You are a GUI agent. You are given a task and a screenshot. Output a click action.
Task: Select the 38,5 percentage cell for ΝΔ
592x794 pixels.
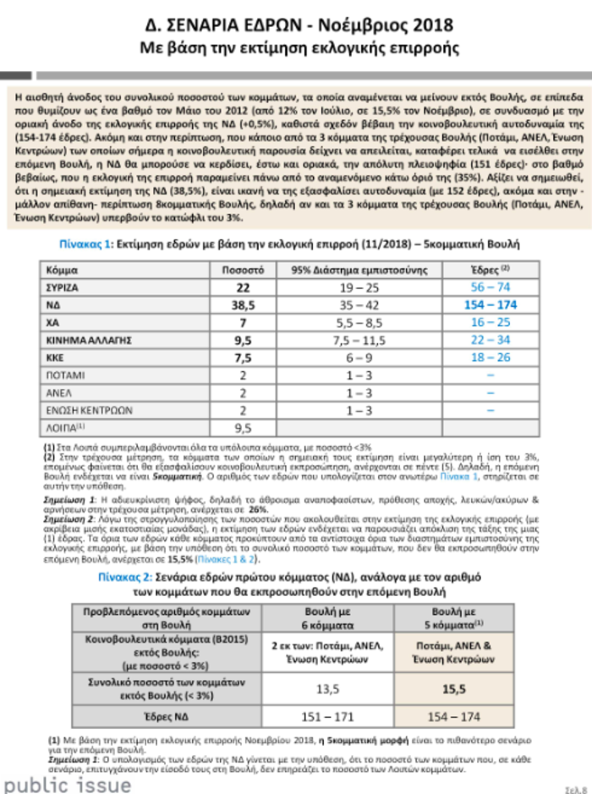click(x=244, y=305)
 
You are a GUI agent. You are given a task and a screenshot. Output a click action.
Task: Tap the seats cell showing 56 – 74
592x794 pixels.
click(x=490, y=288)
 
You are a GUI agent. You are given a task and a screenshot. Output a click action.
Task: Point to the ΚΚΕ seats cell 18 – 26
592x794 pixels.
click(x=490, y=357)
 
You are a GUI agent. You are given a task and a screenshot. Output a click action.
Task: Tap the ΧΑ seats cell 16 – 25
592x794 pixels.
click(x=490, y=322)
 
